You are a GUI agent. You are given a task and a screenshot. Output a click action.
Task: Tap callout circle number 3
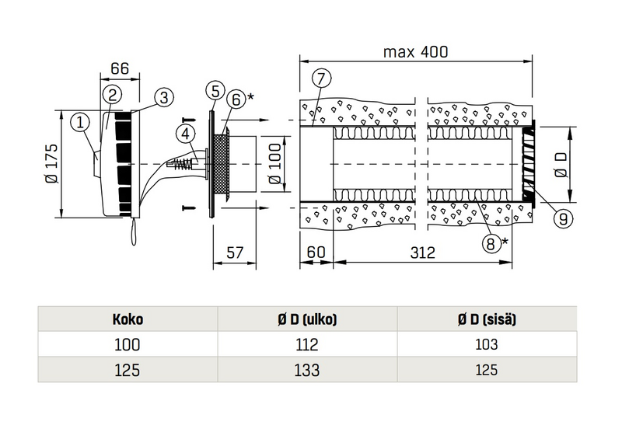[162, 97]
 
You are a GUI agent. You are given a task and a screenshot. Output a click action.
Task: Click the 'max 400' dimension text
[416, 52]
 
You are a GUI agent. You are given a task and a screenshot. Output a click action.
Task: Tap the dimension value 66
[119, 69]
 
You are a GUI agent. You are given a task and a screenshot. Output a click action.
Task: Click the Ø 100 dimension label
[274, 166]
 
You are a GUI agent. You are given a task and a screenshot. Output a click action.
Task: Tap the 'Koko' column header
[128, 319]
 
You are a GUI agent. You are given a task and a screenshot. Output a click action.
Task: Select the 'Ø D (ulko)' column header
[309, 319]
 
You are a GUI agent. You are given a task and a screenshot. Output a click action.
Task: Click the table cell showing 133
[309, 371]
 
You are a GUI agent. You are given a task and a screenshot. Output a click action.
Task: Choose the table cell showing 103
[488, 344]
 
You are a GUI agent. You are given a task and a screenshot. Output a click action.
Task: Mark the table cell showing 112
[309, 344]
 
